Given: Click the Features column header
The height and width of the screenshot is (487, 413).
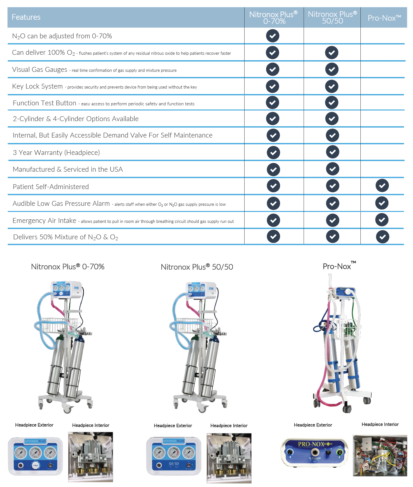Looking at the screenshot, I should coord(26,17).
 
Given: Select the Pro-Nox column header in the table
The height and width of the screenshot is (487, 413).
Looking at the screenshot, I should coord(384,18).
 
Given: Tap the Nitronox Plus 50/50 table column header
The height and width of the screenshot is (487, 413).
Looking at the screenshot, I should coord(332,17).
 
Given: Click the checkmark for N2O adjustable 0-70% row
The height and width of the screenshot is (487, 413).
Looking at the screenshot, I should coord(273,36).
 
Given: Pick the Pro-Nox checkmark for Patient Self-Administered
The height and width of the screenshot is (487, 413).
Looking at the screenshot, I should coord(382,186).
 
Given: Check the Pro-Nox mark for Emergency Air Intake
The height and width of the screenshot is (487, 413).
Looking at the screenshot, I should coord(382,220).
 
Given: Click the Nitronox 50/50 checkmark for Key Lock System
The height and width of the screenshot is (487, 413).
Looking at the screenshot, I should coord(332,86).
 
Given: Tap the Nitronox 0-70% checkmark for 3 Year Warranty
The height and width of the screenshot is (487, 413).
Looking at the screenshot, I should coord(273,152).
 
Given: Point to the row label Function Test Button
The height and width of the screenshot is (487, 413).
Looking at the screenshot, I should coord(45,103).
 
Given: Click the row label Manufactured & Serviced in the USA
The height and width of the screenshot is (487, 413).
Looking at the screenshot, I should coord(68,169).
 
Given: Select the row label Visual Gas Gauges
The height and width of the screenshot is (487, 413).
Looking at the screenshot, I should coord(40,70).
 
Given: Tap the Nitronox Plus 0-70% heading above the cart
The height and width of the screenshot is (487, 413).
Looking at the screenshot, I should coord(68,267).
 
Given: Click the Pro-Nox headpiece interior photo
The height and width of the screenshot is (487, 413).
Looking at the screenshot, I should coord(380,455).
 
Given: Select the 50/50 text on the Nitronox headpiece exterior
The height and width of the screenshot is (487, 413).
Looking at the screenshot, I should coord(174,464).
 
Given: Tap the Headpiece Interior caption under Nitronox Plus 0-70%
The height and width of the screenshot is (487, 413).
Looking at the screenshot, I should coord(91,425).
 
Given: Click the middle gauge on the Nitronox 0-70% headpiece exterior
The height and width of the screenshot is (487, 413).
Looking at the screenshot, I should coord(35,453).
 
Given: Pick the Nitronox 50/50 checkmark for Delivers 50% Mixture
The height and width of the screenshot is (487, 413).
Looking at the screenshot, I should coord(332,237).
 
